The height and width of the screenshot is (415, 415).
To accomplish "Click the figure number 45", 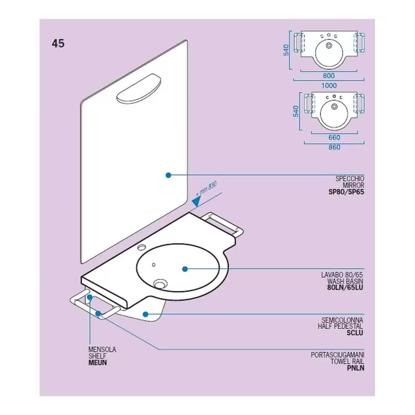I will (58, 43).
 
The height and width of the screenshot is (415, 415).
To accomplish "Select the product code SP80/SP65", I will (346, 192).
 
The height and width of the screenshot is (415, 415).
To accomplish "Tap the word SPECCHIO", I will (350, 179).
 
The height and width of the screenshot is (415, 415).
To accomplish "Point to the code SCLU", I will (355, 333).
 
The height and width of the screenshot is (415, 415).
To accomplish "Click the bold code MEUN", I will (97, 363).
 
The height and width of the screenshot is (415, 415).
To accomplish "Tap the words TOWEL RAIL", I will (347, 361).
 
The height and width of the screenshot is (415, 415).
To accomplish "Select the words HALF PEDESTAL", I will (340, 326).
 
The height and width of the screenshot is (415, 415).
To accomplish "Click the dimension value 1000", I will (329, 85).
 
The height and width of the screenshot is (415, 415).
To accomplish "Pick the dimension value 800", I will (329, 76).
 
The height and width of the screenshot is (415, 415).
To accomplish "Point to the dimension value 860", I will (334, 147).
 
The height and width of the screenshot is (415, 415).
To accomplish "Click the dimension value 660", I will (334, 138).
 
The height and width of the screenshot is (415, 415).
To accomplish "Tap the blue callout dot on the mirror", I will (169, 175).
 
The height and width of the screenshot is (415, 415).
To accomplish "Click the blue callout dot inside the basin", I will (185, 269).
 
